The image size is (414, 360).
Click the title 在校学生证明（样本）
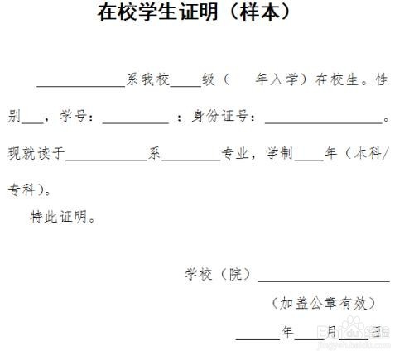[x=194, y=12]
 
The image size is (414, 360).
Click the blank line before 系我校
[x=81, y=87]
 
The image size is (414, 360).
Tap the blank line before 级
[x=186, y=87]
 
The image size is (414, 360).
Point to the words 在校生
[x=337, y=79]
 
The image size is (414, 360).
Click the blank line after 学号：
[x=136, y=123]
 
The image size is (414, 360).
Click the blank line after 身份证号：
[x=324, y=123]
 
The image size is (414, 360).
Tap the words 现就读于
[x=36, y=153]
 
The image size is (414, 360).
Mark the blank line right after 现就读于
[x=107, y=160]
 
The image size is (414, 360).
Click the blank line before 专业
[x=191, y=160]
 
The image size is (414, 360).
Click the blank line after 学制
[x=309, y=160]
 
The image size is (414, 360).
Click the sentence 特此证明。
[x=63, y=217]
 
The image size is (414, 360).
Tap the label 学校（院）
[x=218, y=274]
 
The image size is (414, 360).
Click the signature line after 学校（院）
[x=324, y=281]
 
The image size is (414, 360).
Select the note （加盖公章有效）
[x=324, y=303]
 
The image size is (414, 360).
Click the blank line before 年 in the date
[x=258, y=338]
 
